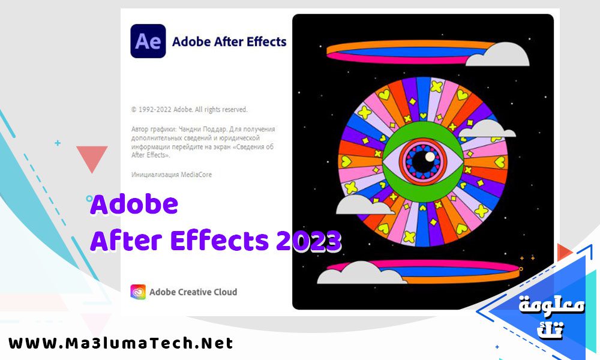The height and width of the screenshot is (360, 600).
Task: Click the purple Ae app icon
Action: click(148, 41)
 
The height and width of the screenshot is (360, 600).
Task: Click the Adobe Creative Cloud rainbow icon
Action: click(138, 292)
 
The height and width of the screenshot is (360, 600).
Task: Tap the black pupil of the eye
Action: click(428, 158)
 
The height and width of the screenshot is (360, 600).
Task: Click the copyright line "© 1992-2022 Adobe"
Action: click(189, 110)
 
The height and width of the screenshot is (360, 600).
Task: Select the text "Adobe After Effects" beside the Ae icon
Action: click(229, 42)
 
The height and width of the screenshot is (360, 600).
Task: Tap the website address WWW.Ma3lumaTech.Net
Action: click(121, 344)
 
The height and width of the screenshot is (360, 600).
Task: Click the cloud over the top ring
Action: click(497, 55)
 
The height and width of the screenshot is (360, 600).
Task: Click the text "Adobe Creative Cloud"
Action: click(193, 292)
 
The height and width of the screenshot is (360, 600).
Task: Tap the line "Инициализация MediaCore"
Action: click(171, 175)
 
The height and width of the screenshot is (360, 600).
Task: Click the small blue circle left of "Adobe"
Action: click(89, 198)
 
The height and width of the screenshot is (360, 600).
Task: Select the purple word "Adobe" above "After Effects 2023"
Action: click(134, 205)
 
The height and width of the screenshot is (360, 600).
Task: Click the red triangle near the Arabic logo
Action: click(563, 252)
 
